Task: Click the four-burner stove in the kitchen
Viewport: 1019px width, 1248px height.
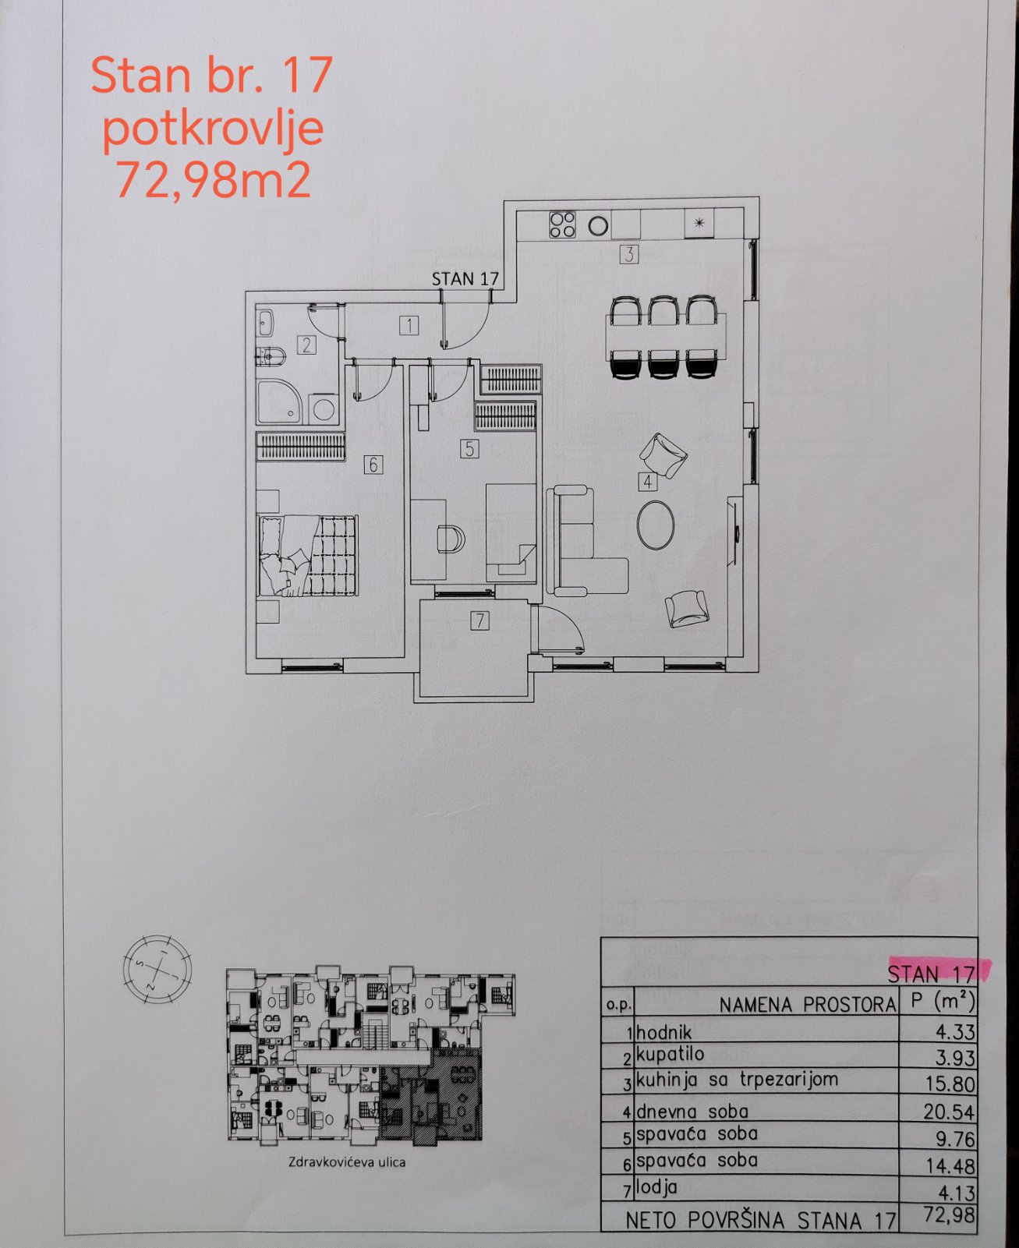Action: pyautogui.click(x=562, y=224)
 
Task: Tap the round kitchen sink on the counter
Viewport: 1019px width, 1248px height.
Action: pyautogui.click(x=598, y=225)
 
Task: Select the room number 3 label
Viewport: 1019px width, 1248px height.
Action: pyautogui.click(x=629, y=254)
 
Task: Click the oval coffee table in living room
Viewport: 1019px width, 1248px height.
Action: pyautogui.click(x=656, y=525)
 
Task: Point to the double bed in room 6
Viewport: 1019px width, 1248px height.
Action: pyautogui.click(x=308, y=556)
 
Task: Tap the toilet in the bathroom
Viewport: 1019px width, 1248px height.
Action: pyautogui.click(x=271, y=356)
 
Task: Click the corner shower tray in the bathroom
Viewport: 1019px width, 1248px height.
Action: pyautogui.click(x=278, y=401)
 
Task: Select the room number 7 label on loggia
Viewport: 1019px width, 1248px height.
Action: pyautogui.click(x=479, y=620)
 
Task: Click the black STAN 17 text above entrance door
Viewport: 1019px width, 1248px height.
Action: pyautogui.click(x=465, y=279)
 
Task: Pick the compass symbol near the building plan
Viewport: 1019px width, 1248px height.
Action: pyautogui.click(x=157, y=969)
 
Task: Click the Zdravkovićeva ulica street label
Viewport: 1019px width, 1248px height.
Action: pyautogui.click(x=347, y=1162)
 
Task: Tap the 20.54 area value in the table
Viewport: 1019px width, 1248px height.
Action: pyautogui.click(x=949, y=1112)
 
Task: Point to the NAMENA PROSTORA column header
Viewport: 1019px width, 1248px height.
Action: pyautogui.click(x=808, y=1005)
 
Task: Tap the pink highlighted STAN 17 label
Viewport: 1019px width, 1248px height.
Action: pyautogui.click(x=931, y=974)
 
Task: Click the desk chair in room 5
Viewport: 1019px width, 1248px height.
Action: pyautogui.click(x=451, y=539)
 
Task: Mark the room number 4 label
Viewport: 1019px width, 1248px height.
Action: pyautogui.click(x=648, y=482)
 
